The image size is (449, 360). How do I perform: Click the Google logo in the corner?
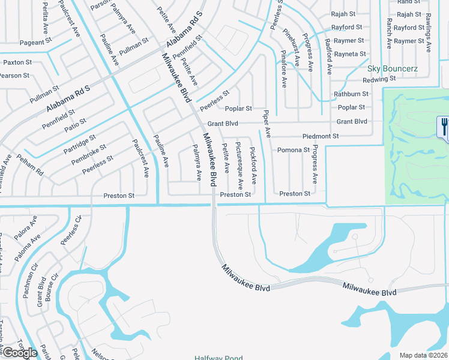coord(19,352)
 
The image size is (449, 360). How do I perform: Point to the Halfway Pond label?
coord(218,358)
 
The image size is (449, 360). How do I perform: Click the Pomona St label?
coord(293,150)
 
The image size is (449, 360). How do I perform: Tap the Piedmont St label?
coord(321,136)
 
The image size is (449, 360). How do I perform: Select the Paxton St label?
coord(17,62)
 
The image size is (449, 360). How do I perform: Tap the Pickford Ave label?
coord(253,166)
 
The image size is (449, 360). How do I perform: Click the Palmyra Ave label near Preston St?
coord(197,163)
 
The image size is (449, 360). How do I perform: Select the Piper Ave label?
coord(266,122)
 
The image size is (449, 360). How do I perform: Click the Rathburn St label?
coord(351,94)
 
